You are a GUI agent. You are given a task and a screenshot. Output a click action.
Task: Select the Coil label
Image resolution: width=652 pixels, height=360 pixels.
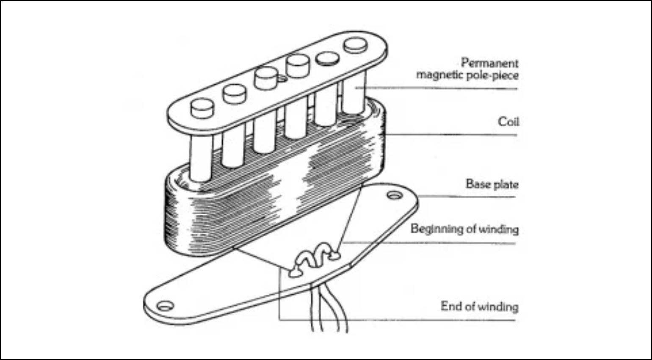click(508, 122)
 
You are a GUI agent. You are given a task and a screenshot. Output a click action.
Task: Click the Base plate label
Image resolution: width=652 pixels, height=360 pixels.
click(492, 184)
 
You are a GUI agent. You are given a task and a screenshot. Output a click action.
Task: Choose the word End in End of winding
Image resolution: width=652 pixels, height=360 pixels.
click(450, 306)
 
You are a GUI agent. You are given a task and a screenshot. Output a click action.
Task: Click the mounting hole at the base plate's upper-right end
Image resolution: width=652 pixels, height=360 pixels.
click(395, 195)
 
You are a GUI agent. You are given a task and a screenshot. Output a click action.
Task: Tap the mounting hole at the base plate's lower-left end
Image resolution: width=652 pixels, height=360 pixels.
click(164, 305)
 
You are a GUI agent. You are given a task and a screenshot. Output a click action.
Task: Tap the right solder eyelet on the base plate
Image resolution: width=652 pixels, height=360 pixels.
click(335, 255)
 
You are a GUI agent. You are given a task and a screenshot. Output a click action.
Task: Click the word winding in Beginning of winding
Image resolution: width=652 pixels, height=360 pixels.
click(498, 229)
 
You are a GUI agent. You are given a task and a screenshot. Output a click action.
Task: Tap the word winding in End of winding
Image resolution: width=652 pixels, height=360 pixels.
click(498, 306)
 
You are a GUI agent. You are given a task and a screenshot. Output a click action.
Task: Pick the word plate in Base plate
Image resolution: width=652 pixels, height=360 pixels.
click(505, 184)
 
